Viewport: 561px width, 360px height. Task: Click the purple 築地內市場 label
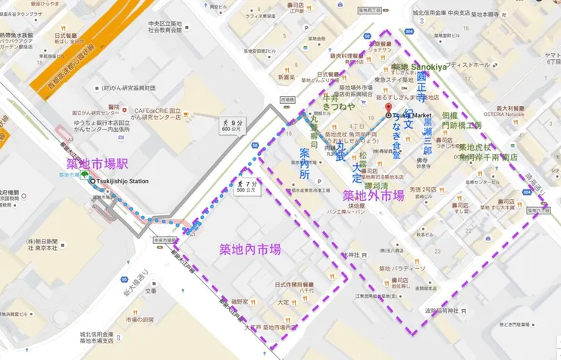click(250, 249)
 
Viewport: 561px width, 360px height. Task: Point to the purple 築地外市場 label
click(373, 196)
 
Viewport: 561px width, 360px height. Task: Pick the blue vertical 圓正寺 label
click(422, 88)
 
